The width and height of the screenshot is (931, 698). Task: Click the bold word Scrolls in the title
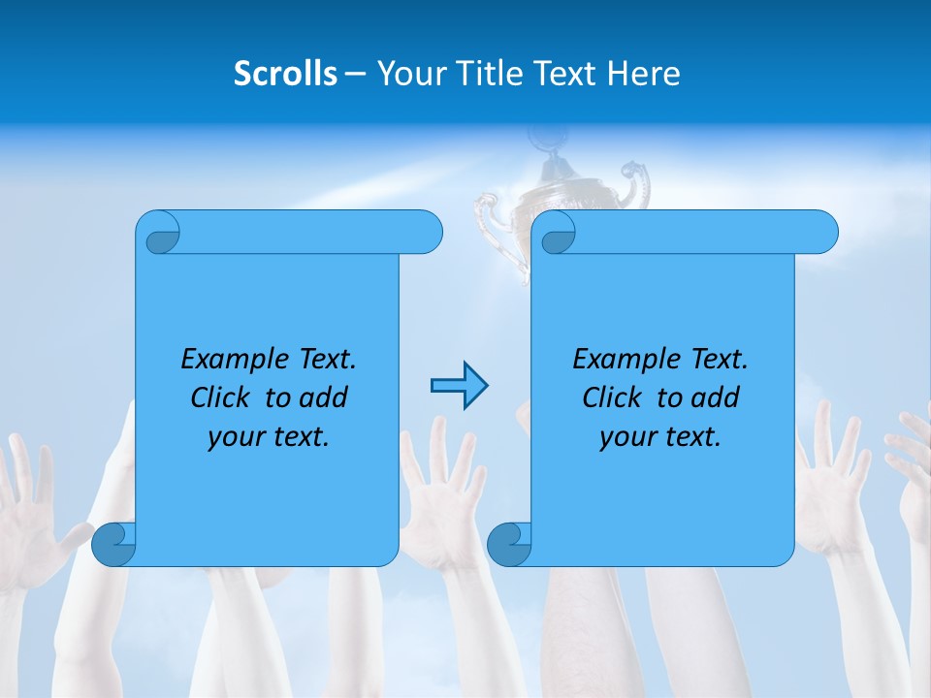pos(285,74)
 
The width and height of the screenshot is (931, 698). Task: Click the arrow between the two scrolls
pos(459,386)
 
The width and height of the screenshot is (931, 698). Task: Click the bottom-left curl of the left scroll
pos(113,543)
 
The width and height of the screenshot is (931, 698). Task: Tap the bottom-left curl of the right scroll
pos(509,543)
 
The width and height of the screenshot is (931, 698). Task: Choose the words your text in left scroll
pos(269,437)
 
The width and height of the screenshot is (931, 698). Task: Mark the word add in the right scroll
pos(716,397)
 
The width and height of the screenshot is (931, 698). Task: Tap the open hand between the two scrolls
pos(442,485)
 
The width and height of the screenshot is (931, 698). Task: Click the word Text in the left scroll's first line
pos(327,360)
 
